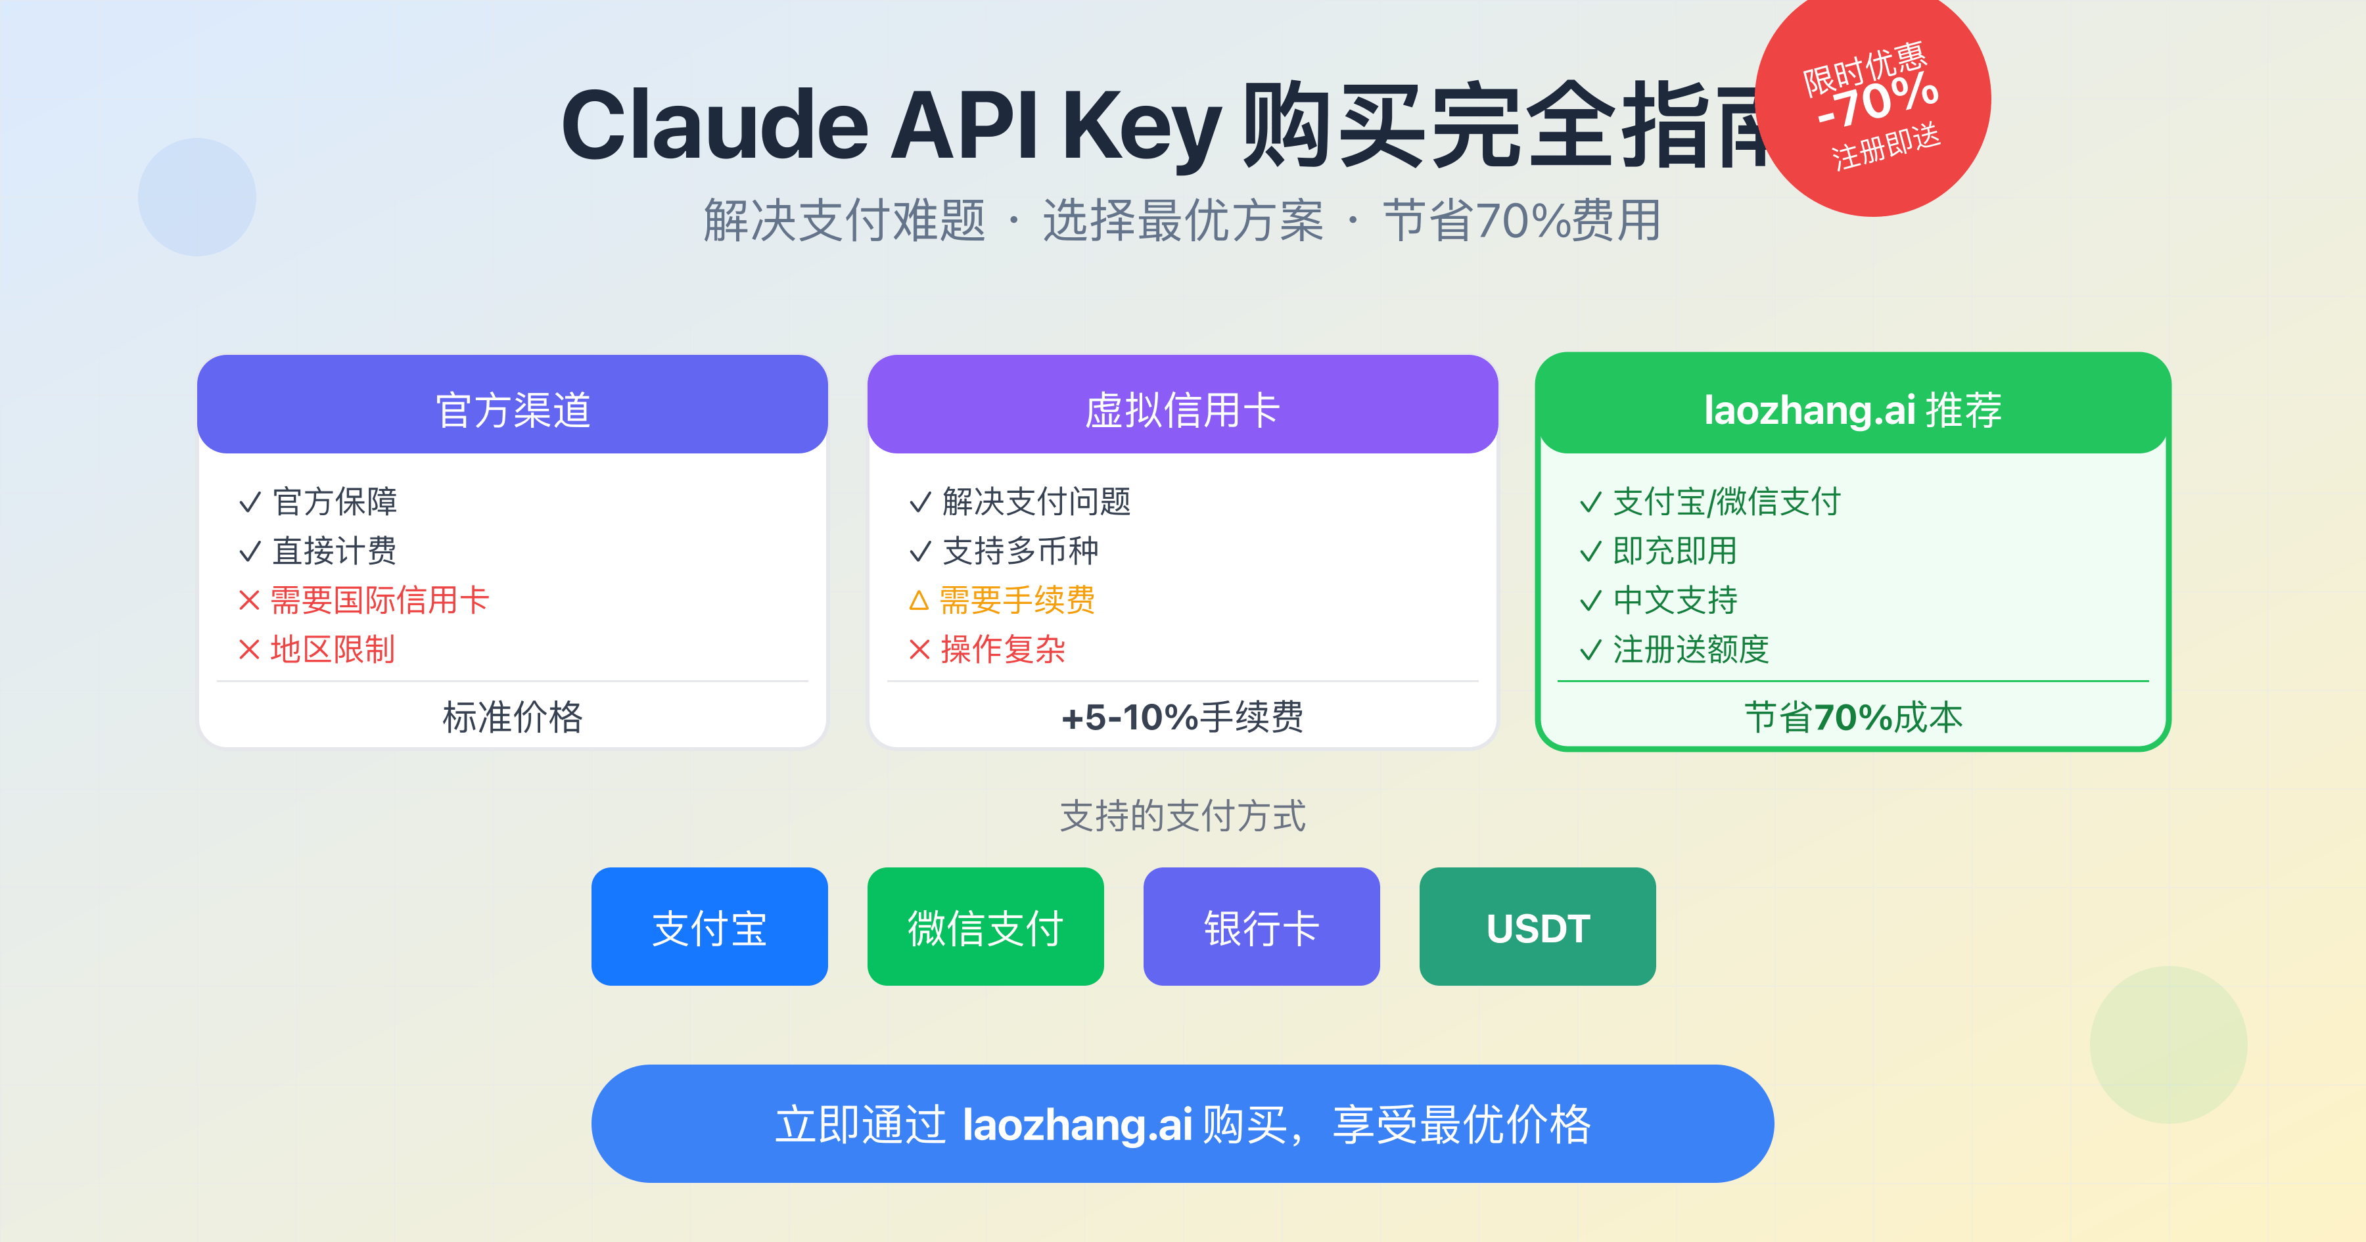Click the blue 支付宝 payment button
709,927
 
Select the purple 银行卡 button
1261,927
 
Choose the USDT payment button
1537,927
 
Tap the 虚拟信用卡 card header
1182,409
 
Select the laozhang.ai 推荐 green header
1853,409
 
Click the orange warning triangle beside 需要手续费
919,601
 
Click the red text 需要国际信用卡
379,601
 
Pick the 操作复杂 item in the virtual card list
1002,649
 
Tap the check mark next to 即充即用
1590,552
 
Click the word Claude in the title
714,126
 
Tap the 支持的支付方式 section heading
1182,816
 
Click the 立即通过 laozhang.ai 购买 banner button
1182,1124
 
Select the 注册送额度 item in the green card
1690,649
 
